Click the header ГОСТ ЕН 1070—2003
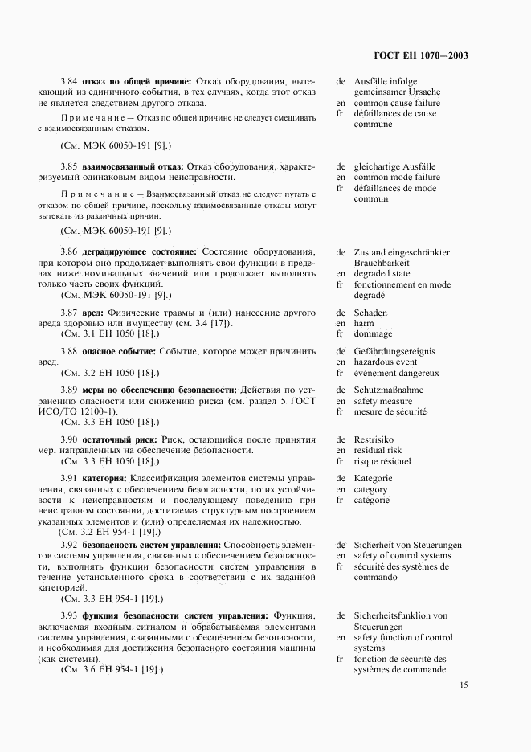421,56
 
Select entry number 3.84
70,81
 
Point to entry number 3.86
70,252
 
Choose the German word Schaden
370,313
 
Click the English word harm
364,324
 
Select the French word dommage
373,334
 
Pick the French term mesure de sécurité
390,411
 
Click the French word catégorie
371,500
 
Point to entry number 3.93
70,615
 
